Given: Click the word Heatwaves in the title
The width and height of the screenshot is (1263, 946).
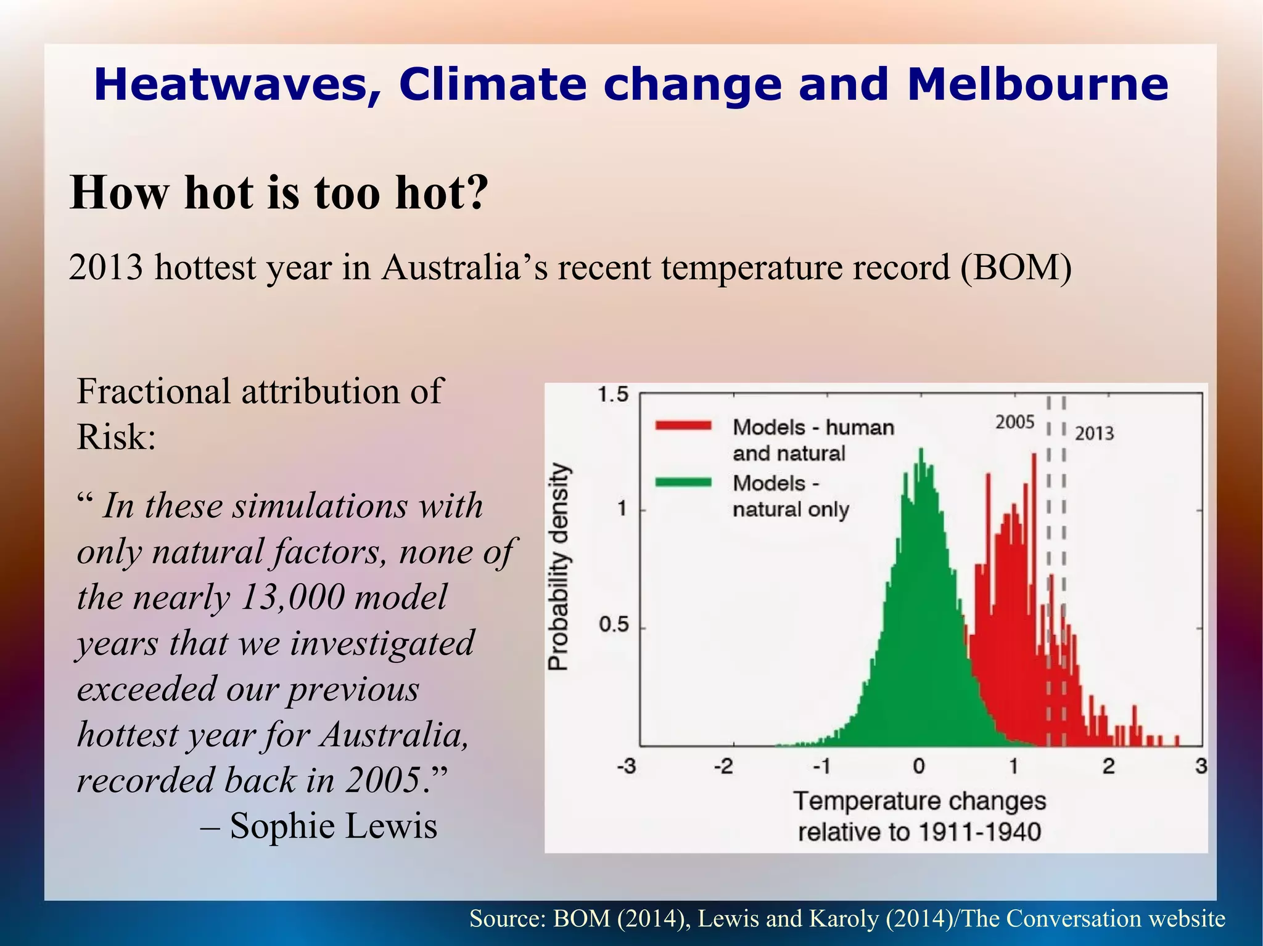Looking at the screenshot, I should coord(237,86).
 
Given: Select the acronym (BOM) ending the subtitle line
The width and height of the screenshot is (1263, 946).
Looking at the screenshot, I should coord(1015,268).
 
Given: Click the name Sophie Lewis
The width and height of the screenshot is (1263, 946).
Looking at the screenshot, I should coord(333,826).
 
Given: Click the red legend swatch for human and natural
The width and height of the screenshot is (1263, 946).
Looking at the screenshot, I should coord(683,426).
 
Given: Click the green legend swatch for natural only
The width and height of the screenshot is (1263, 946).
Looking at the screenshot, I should coord(683,482).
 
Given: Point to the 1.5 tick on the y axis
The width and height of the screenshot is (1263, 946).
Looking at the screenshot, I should coord(613,394).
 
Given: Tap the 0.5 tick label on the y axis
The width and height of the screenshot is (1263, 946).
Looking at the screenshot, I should coord(613,625).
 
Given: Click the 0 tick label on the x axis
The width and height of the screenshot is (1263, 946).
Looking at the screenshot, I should coord(919,767).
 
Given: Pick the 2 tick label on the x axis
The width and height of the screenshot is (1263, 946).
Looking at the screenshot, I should coord(1109,767).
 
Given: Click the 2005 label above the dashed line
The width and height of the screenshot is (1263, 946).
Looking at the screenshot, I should coord(1014,422).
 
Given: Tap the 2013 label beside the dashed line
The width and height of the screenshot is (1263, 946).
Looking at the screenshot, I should coord(1095,433).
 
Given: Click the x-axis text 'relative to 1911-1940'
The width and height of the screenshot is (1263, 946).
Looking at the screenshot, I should coord(919,832).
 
